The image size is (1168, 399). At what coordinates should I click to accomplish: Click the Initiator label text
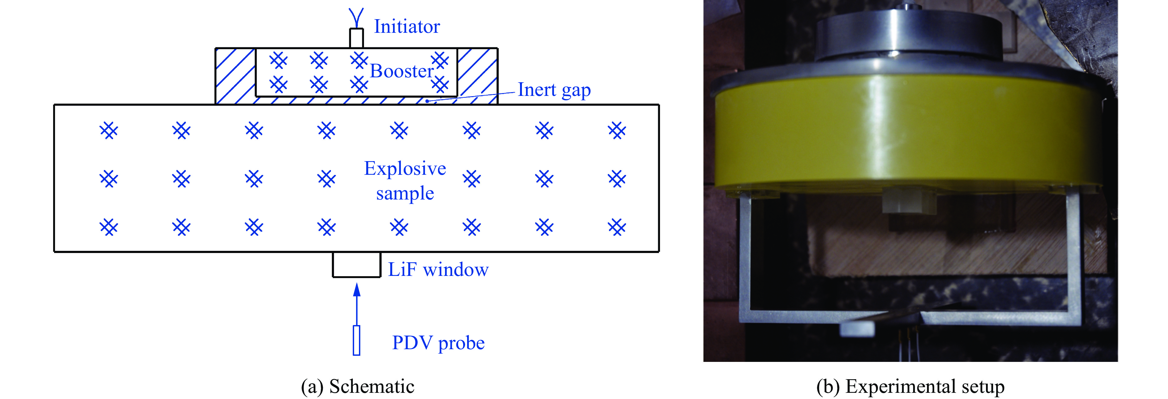tap(406, 27)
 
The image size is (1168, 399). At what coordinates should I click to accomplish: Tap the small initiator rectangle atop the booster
tap(356, 38)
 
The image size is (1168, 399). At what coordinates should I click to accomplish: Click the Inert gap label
tap(554, 90)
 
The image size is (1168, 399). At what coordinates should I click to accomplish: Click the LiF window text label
tap(438, 270)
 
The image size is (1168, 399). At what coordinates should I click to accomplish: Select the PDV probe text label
tap(438, 343)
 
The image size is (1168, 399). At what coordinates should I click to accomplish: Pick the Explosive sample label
tap(405, 181)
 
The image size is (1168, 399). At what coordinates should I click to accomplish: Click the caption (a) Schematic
tap(357, 386)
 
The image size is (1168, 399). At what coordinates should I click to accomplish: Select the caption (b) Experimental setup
tap(910, 386)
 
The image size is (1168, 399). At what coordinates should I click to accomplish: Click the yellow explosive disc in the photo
tap(907, 136)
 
